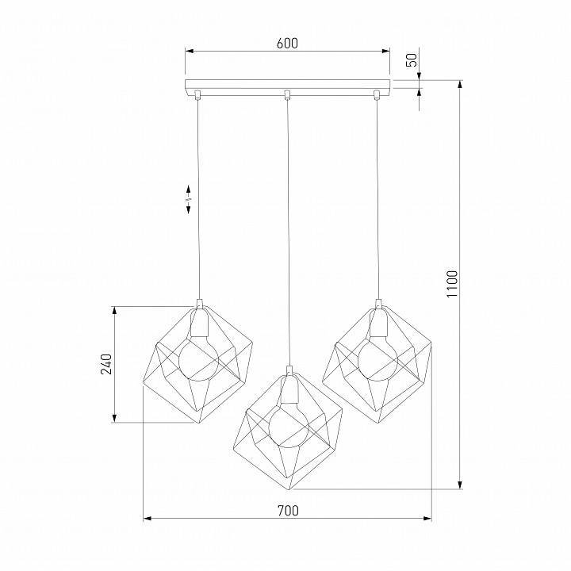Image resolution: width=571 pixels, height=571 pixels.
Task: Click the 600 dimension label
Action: click(x=287, y=44)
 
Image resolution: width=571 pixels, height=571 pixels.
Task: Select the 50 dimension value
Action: click(x=411, y=60)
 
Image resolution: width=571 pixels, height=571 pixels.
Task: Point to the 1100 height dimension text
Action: click(x=452, y=284)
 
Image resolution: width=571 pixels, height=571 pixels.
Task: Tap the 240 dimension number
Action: click(x=106, y=363)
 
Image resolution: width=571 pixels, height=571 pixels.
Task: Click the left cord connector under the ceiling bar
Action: click(x=197, y=96)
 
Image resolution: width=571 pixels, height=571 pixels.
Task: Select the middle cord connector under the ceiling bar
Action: click(x=287, y=96)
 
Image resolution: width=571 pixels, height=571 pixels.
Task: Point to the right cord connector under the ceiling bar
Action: click(x=377, y=96)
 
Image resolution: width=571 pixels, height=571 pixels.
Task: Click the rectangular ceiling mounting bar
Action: click(x=287, y=85)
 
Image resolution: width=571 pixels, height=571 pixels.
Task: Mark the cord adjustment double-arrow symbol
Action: click(x=188, y=199)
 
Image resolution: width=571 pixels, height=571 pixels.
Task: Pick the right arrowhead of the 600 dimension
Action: click(x=387, y=52)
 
